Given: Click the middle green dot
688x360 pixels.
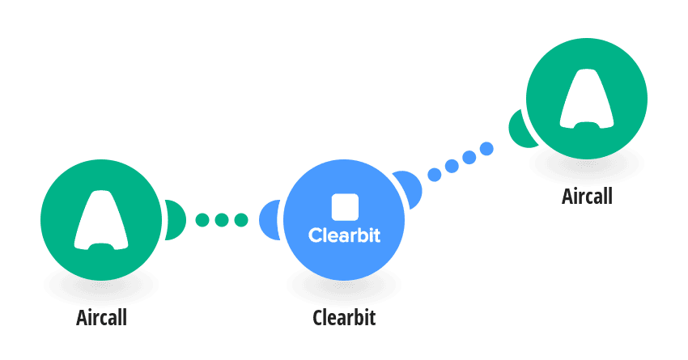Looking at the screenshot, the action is pyautogui.click(x=222, y=220).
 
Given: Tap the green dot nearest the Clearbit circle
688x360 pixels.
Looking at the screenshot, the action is pyautogui.click(x=241, y=220).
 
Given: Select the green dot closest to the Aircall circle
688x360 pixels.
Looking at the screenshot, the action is pyautogui.click(x=202, y=220).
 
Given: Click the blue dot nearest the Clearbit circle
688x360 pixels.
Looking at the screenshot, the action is pyautogui.click(x=435, y=175).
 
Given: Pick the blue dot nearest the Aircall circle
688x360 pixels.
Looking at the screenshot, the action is pyautogui.click(x=486, y=149).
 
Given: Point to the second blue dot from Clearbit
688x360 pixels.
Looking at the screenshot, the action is pyautogui.click(x=452, y=166).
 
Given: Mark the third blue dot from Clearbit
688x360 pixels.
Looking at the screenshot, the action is pyautogui.click(x=469, y=157).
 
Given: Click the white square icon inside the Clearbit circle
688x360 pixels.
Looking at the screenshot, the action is pyautogui.click(x=345, y=207).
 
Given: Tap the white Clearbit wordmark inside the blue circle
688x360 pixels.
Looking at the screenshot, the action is pyautogui.click(x=345, y=235).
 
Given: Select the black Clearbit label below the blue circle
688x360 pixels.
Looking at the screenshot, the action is pyautogui.click(x=344, y=317).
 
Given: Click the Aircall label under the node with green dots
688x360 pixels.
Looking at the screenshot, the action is pyautogui.click(x=101, y=317).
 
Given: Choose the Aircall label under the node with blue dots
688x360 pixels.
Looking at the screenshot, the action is pyautogui.click(x=587, y=196).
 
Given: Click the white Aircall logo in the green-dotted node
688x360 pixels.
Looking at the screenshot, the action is pyautogui.click(x=101, y=220).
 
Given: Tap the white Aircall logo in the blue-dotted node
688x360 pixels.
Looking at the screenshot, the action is pyautogui.click(x=587, y=99).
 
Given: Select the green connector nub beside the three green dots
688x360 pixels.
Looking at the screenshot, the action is pyautogui.click(x=176, y=220).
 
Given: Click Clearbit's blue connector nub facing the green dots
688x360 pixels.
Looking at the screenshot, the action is pyautogui.click(x=269, y=220).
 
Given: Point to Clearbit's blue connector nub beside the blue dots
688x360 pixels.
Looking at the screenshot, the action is pyautogui.click(x=409, y=188).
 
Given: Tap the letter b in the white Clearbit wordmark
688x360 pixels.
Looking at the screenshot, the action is pyautogui.click(x=359, y=235).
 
